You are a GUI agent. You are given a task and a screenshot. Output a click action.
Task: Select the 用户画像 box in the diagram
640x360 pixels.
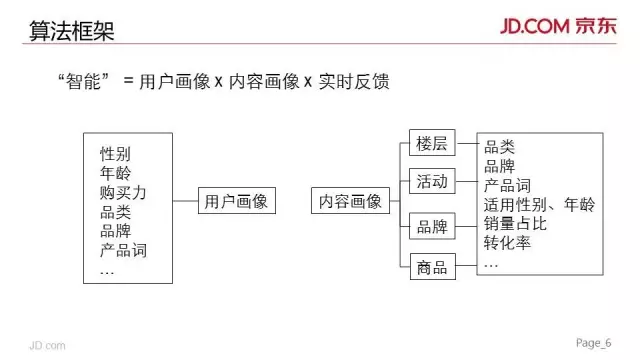click(x=236, y=201)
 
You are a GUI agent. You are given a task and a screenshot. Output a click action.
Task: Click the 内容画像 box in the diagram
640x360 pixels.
click(x=350, y=201)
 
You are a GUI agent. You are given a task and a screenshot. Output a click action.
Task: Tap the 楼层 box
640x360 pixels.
click(x=432, y=144)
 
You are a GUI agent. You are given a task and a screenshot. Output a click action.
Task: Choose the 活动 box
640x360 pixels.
click(x=432, y=181)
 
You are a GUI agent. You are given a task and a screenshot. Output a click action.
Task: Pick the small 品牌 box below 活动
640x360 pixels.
click(x=432, y=226)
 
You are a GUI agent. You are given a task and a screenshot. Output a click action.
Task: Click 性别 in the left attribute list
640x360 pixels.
click(x=115, y=154)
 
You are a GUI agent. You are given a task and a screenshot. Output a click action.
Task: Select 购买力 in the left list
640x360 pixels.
click(x=123, y=192)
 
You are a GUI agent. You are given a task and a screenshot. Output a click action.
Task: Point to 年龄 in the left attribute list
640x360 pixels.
click(x=115, y=173)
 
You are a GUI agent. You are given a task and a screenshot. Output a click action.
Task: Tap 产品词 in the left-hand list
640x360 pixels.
click(x=123, y=249)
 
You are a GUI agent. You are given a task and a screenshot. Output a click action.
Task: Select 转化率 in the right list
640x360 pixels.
click(x=507, y=243)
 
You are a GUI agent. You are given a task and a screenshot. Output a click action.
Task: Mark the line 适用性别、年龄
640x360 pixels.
click(x=539, y=205)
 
